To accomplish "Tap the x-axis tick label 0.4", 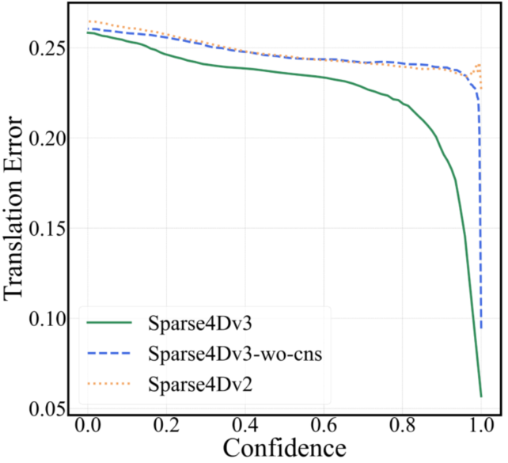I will (x=245, y=427).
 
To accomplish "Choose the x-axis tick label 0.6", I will (x=324, y=427).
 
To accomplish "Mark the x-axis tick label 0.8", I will (x=402, y=427).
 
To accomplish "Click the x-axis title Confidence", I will (x=284, y=449).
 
